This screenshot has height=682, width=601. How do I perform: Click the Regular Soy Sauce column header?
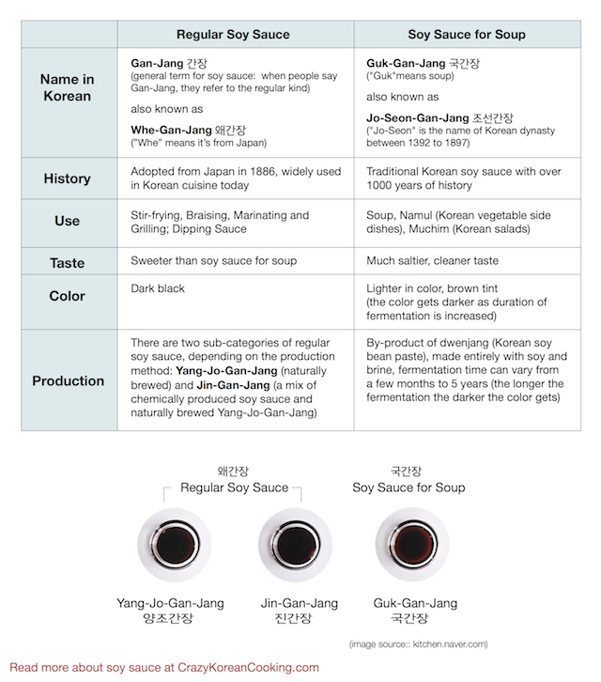(x=233, y=35)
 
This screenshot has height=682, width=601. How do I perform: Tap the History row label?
(x=68, y=178)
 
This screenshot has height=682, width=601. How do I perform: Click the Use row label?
(x=68, y=222)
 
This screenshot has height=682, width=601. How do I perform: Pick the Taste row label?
(x=68, y=261)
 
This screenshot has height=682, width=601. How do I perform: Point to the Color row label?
(x=68, y=296)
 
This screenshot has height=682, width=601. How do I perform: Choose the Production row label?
(x=68, y=380)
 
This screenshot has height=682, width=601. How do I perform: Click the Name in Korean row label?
(x=68, y=87)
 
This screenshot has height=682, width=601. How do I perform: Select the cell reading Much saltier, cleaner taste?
(x=432, y=260)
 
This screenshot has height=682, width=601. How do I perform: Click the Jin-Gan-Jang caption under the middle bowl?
(x=295, y=603)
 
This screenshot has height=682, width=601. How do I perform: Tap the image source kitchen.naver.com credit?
(x=418, y=644)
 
